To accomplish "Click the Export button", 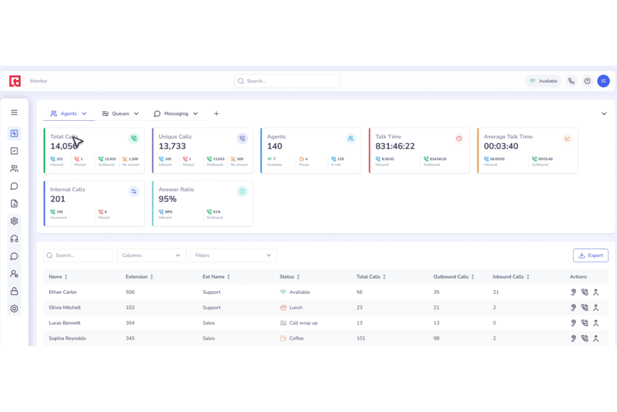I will tap(590, 255).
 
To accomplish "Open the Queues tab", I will tap(120, 114).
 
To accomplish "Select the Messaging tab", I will tap(176, 114).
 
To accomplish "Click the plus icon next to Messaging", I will tap(216, 114).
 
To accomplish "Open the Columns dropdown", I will tap(151, 255).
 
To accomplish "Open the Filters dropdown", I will tap(233, 255).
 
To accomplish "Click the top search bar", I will tap(287, 81).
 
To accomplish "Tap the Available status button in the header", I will tap(543, 81).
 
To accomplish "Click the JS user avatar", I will tap(603, 81).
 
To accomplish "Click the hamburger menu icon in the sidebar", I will tap(14, 112).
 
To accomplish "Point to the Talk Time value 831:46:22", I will tap(395, 146).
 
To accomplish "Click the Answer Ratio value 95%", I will tap(168, 199).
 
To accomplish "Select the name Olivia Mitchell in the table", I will tap(65, 308).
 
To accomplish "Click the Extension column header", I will tap(137, 277).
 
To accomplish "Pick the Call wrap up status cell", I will tap(303, 323).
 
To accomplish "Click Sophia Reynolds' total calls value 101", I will tap(361, 339).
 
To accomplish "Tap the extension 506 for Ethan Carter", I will tap(130, 292).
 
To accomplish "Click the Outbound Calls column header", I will tap(451, 277).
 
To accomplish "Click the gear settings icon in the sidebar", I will tap(14, 221).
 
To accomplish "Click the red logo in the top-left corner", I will tap(15, 81).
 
